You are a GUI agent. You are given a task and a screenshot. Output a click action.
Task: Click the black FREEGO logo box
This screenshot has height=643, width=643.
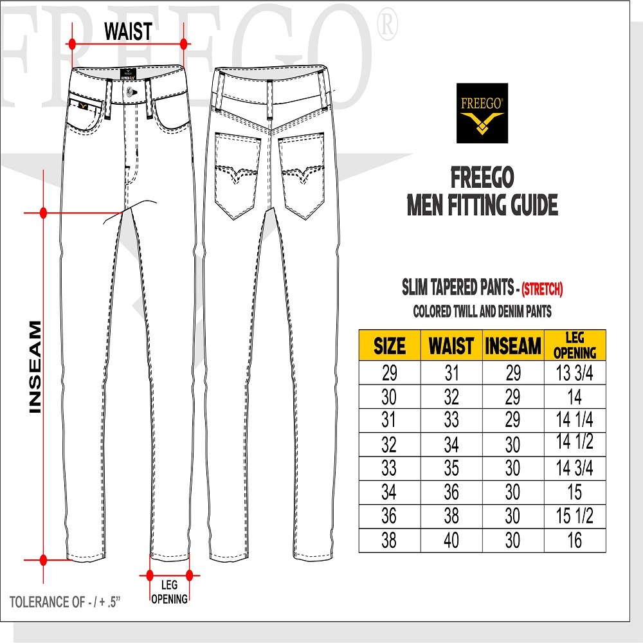(x=482, y=113)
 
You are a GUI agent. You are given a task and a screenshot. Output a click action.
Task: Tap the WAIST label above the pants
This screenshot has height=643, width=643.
(x=128, y=30)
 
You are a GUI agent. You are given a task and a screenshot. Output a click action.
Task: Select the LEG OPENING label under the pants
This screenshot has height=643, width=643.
(x=170, y=592)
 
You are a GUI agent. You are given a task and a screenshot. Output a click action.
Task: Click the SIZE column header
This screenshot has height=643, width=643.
(x=390, y=347)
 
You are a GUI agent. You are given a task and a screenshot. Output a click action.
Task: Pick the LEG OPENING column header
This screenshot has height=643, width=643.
(x=575, y=347)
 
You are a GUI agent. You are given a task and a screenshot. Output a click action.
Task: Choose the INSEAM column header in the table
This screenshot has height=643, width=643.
(x=512, y=347)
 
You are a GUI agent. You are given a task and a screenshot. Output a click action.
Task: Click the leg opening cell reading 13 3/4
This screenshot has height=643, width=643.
(x=575, y=373)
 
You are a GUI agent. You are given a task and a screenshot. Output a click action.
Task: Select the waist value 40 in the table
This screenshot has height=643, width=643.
(x=451, y=540)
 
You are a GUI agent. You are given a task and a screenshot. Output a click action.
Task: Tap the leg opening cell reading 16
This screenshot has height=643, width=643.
(x=574, y=540)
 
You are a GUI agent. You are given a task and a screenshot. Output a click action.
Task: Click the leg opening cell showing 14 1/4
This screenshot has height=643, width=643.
(x=575, y=421)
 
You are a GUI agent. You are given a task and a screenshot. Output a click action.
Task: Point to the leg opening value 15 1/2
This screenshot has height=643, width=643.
(x=575, y=516)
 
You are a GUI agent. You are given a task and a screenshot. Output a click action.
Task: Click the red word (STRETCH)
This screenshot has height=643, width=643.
(x=543, y=289)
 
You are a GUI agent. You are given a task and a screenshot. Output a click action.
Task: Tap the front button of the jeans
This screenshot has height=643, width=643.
(x=131, y=92)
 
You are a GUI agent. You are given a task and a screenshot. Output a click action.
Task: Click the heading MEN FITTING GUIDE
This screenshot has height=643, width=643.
(x=482, y=206)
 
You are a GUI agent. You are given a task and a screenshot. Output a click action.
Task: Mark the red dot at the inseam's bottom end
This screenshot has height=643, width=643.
(x=43, y=559)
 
